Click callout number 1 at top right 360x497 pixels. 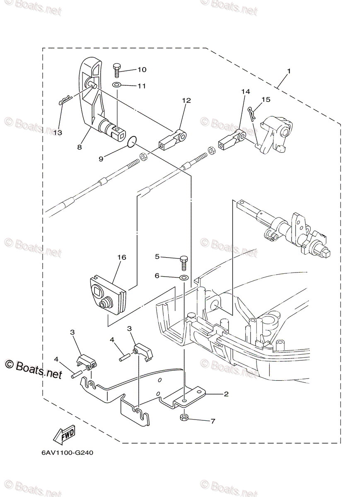pos(289,71)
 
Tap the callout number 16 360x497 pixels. pos(121,257)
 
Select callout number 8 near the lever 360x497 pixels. pos(79,147)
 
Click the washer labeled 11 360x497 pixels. pos(116,85)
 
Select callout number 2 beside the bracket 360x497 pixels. pos(226,394)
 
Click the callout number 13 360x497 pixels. pos(57,133)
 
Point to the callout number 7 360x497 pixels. pos(213,421)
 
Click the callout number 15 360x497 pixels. pos(266,99)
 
